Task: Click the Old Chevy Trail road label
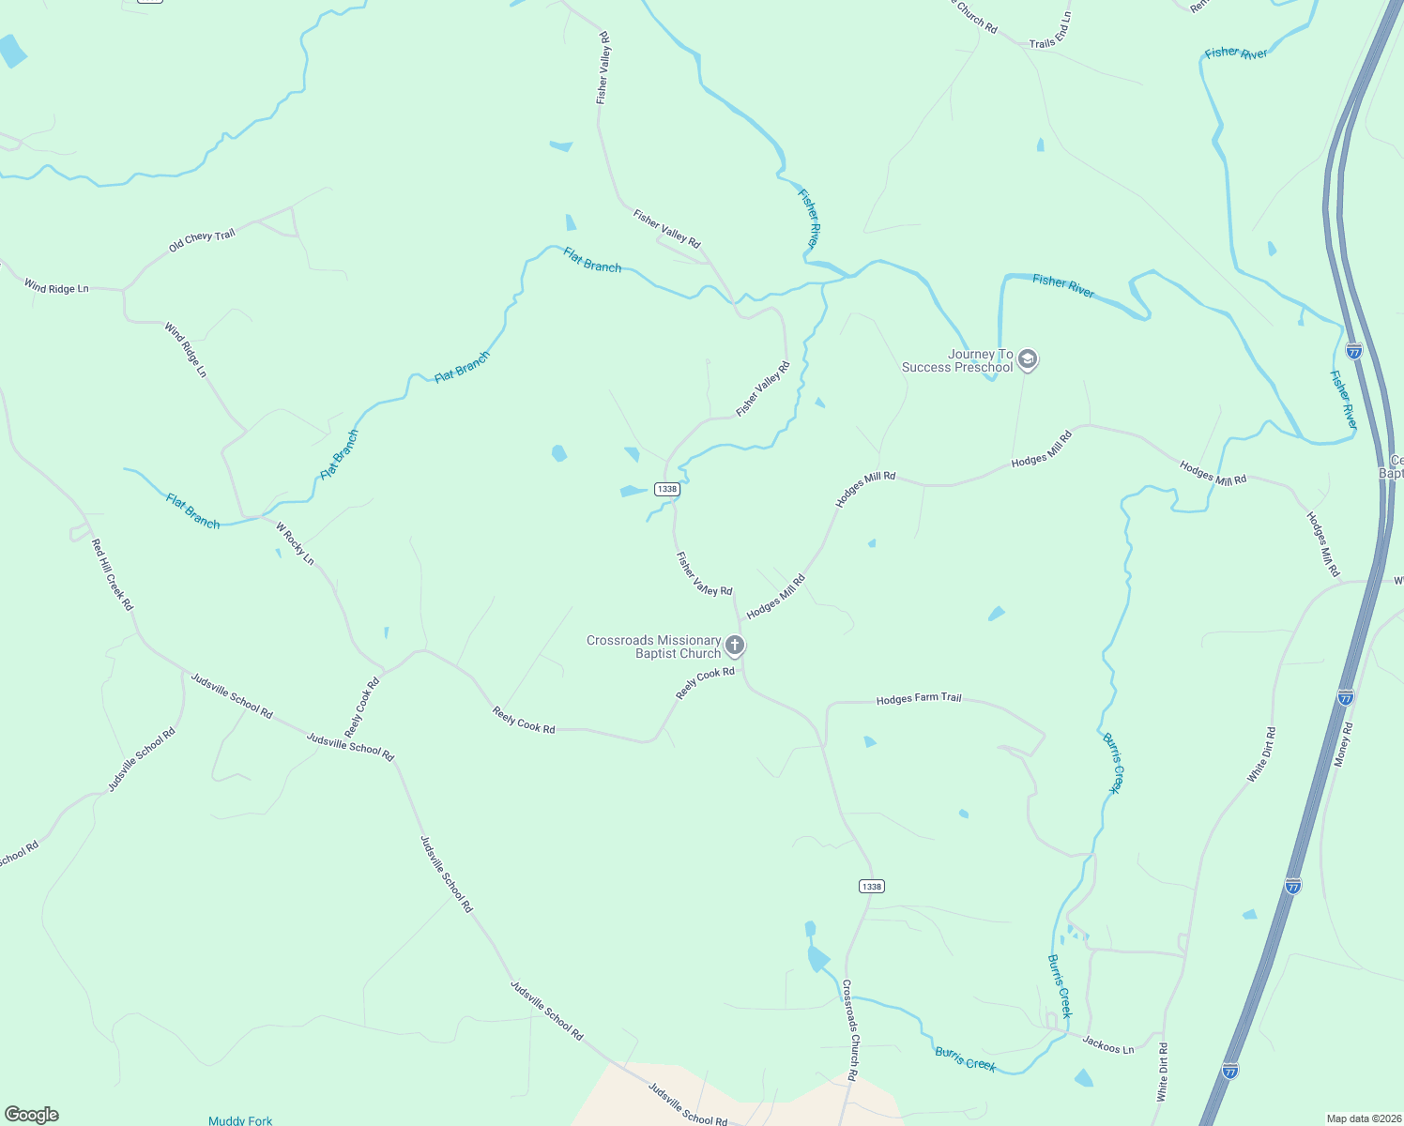tap(202, 241)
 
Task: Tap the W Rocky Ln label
tap(295, 544)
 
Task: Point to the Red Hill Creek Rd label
tap(112, 574)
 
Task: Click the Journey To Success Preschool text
tap(957, 360)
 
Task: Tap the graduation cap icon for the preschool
tap(1028, 359)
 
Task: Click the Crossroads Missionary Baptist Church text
tap(653, 647)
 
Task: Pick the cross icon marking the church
tap(735, 646)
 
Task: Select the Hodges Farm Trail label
tap(919, 698)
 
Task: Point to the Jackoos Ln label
tap(1107, 1043)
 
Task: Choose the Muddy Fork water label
tap(240, 1120)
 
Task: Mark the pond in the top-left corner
tap(12, 51)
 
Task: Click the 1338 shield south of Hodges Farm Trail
tap(871, 887)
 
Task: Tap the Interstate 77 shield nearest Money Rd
tap(1345, 697)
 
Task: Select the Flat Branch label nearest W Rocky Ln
tap(192, 511)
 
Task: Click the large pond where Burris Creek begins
tap(817, 959)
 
